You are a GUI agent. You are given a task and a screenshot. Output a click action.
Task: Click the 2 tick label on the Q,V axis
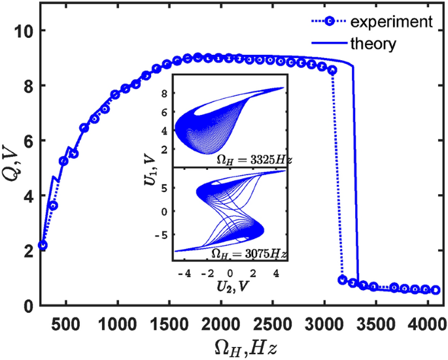click(x=22, y=252)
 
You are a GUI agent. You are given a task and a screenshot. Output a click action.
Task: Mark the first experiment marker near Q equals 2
click(x=43, y=246)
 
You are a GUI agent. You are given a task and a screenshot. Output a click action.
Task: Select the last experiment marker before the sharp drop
click(x=332, y=70)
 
